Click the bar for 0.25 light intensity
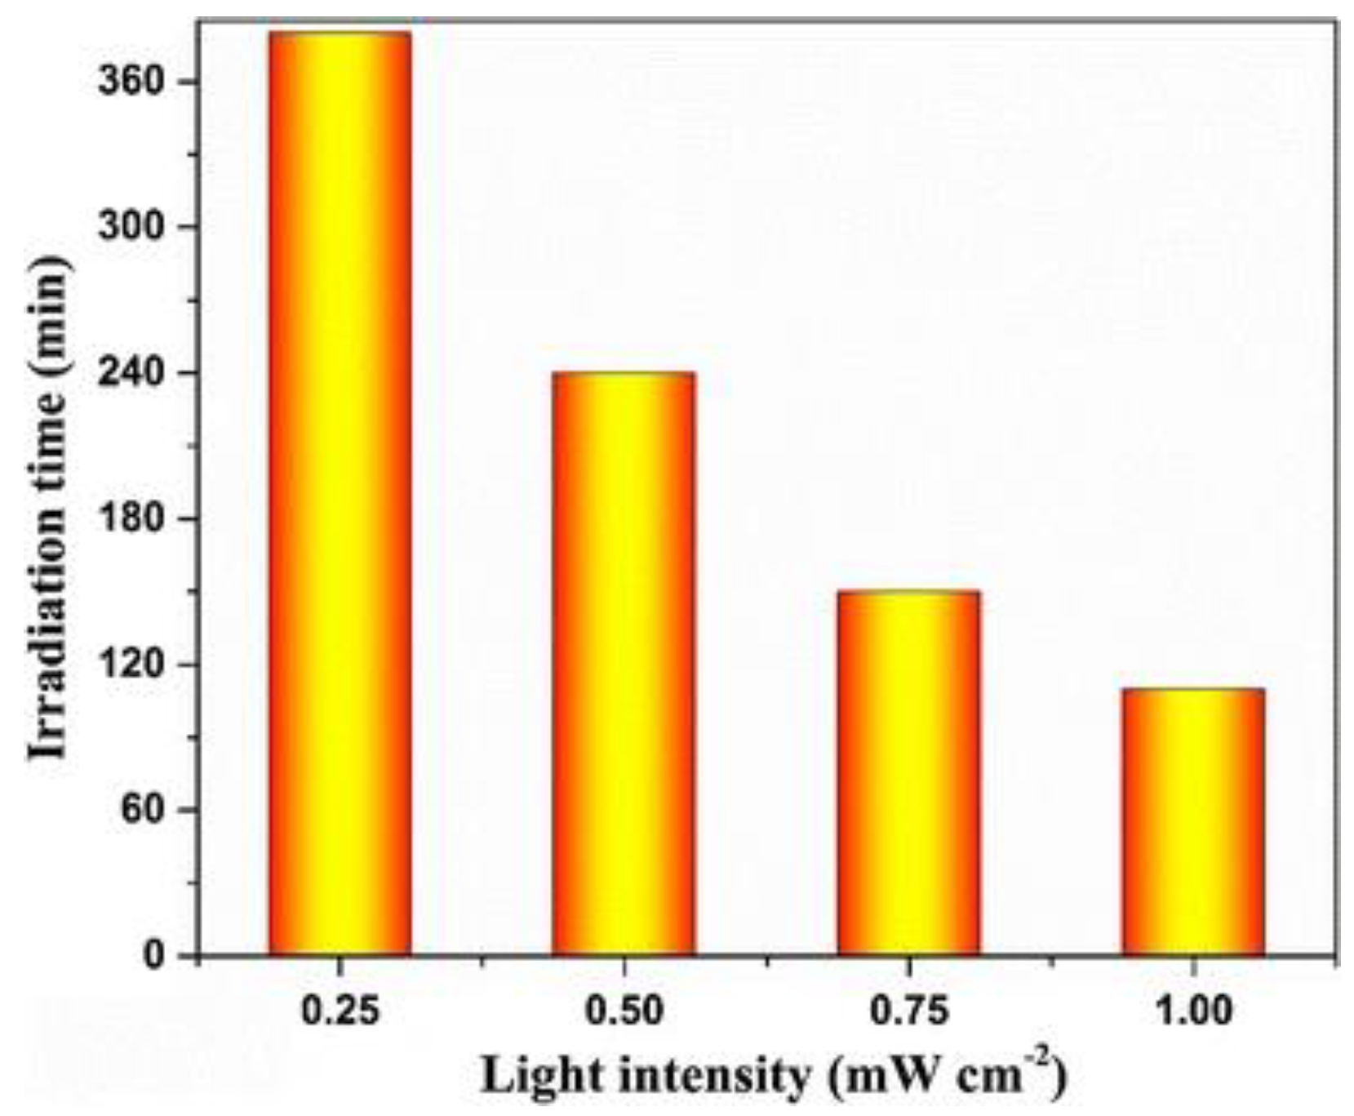point(340,494)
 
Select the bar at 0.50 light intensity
point(624,663)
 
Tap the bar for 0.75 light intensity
point(908,772)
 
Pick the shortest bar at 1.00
point(1192,821)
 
